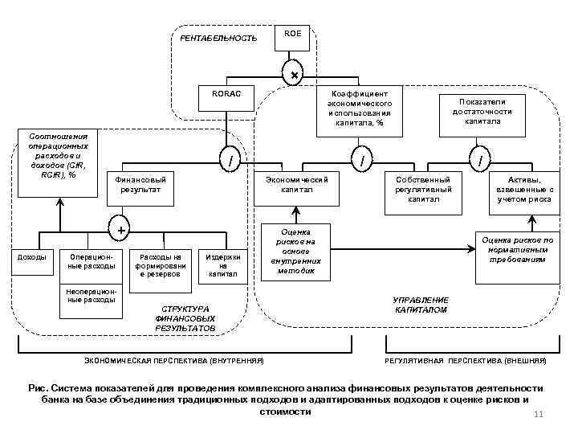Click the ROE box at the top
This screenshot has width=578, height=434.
(x=293, y=37)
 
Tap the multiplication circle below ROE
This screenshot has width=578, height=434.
(x=294, y=75)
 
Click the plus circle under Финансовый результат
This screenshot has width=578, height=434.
(x=121, y=231)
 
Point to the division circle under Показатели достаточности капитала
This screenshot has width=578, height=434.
(x=480, y=162)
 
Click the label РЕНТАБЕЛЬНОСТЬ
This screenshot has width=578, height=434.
(x=218, y=39)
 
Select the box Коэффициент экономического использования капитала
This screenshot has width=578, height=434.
(x=359, y=108)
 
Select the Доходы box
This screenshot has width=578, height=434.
(x=32, y=257)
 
